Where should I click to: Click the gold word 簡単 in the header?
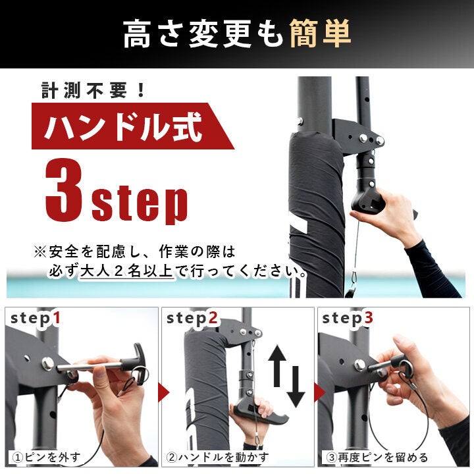tap(320, 34)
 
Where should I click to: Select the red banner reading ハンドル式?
tap(132, 126)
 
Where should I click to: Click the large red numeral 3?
tap(64, 190)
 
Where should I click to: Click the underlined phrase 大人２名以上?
tap(126, 271)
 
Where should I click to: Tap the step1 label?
tap(35, 319)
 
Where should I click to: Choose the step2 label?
tap(192, 319)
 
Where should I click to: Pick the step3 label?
tap(348, 319)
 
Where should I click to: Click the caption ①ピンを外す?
tap(46, 457)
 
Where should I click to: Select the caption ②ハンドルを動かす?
tap(217, 457)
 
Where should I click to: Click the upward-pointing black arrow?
tap(277, 366)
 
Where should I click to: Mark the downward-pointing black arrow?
tap(296, 386)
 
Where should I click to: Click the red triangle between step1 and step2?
tap(163, 392)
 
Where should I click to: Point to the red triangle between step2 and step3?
tap(319, 392)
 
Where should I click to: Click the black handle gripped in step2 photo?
tap(260, 413)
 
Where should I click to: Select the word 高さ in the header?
tap(153, 34)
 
